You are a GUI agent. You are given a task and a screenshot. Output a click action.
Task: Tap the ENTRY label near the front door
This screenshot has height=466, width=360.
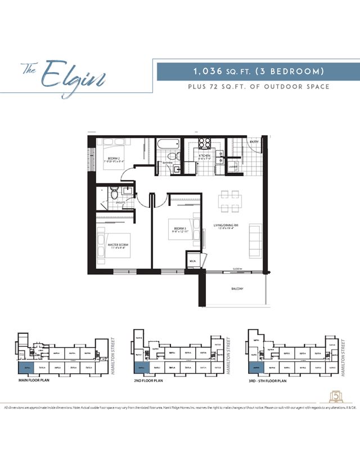pyautogui.click(x=254, y=142)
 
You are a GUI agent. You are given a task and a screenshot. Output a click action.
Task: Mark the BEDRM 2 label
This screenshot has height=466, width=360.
pyautogui.click(x=116, y=159)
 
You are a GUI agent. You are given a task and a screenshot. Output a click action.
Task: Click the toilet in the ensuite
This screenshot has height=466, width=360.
pyautogui.click(x=115, y=194)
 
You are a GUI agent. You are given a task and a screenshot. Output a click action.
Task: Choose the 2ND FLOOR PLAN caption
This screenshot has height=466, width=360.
pyautogui.click(x=150, y=381)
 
